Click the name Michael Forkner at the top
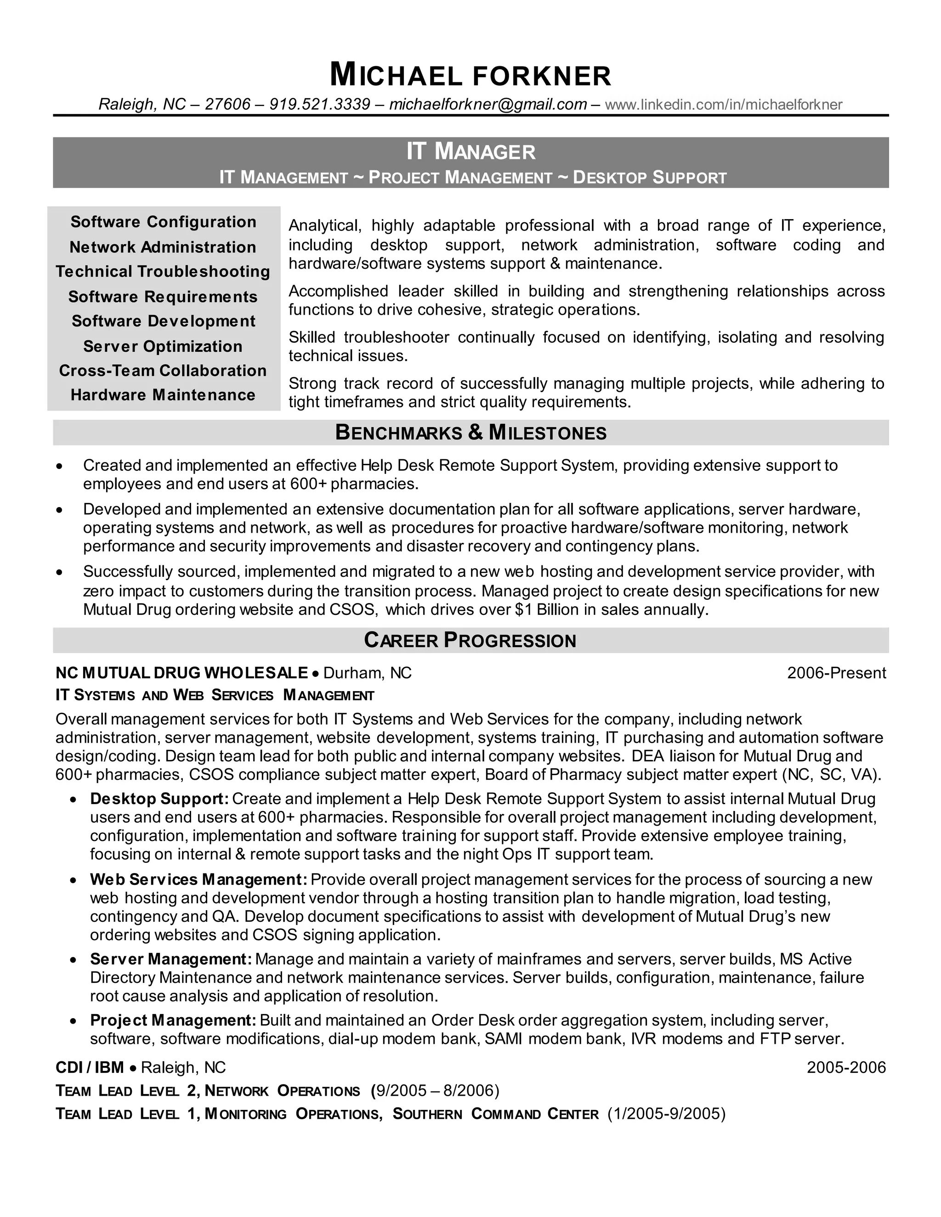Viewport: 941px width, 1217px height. (470, 75)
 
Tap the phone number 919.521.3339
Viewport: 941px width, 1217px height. (319, 104)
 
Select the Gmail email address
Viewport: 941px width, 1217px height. (488, 104)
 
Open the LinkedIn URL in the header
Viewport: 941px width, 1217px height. (723, 104)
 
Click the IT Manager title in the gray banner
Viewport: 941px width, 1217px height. (470, 151)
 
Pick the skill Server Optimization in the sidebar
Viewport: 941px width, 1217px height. (163, 346)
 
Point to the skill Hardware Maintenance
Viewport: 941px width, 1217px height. (163, 395)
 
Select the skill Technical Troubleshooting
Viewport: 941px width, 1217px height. (163, 271)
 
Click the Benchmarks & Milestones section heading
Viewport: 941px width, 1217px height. (470, 433)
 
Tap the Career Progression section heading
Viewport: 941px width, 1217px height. (470, 640)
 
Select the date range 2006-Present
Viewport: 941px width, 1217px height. (836, 673)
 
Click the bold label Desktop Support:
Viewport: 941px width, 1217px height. (159, 799)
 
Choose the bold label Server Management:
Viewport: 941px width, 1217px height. (171, 959)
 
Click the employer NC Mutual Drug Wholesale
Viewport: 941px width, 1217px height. (182, 673)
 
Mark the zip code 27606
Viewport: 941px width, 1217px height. (227, 104)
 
